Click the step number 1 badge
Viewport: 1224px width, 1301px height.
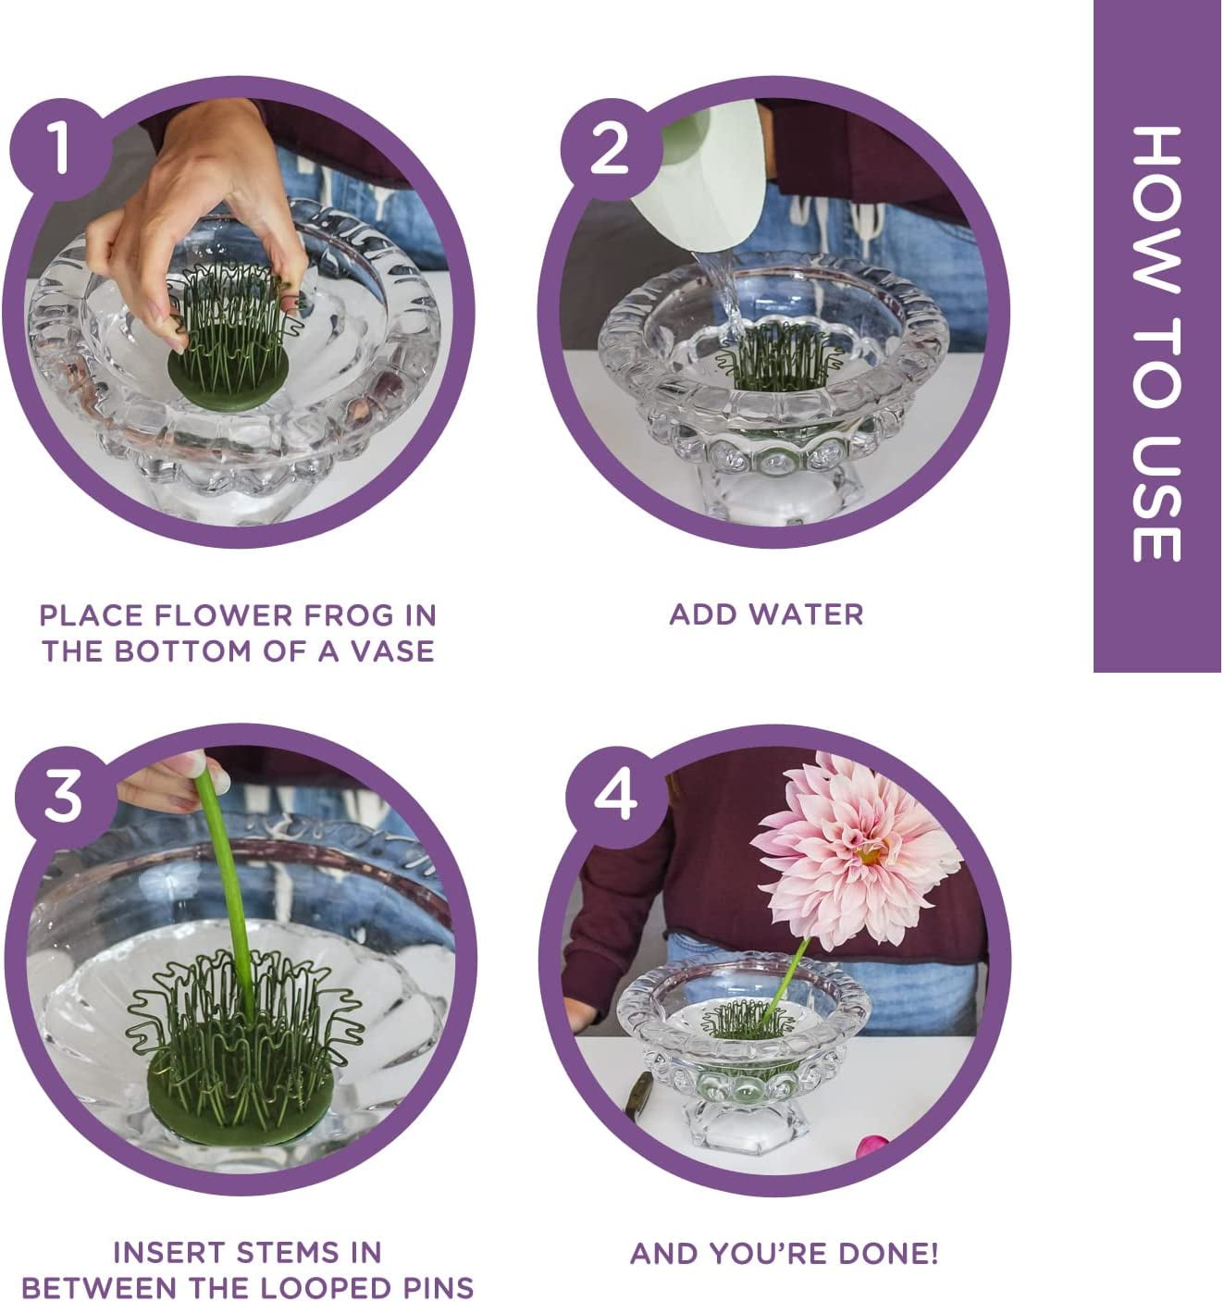[60, 149]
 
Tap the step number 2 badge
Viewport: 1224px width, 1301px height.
[611, 149]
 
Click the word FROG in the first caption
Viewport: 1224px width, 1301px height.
[347, 615]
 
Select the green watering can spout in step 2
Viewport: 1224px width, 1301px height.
[701, 182]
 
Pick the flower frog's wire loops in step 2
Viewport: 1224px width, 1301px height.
[780, 353]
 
